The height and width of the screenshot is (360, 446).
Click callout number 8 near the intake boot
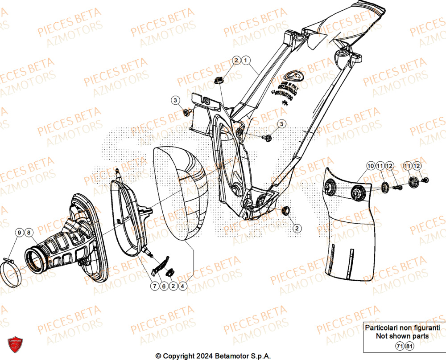tap(28, 232)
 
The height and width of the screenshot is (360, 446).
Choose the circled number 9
tap(19, 232)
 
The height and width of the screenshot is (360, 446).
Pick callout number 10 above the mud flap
tap(371, 166)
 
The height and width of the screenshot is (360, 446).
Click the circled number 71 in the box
tap(398, 346)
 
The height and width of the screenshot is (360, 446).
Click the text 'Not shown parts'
tap(402, 336)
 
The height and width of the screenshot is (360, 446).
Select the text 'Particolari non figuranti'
tap(402, 328)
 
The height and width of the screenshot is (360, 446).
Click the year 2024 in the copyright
tap(203, 356)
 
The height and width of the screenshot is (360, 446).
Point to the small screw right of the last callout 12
tap(425, 180)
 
